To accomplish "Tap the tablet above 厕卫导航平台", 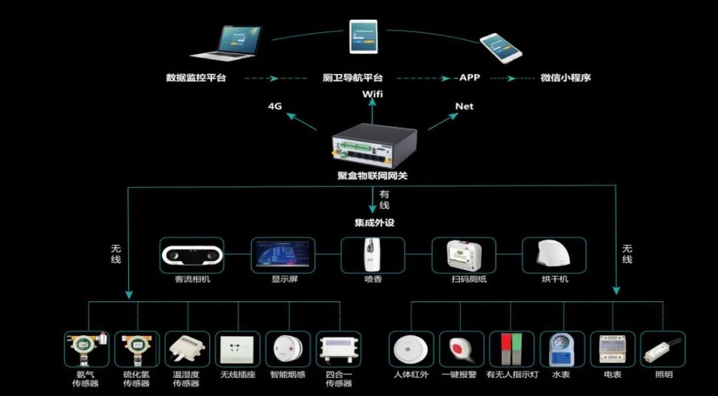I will [x=364, y=37].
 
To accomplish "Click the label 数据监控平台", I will [x=196, y=78].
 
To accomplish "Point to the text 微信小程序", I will [x=565, y=78].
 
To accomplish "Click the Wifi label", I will [x=372, y=94].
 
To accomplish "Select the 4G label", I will [x=276, y=106].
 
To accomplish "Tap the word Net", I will [x=464, y=106].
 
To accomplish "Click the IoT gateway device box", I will [x=374, y=146].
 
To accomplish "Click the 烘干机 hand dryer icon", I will [x=554, y=255].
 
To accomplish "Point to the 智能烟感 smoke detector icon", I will [x=288, y=349].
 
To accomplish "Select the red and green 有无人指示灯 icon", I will [x=512, y=349].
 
